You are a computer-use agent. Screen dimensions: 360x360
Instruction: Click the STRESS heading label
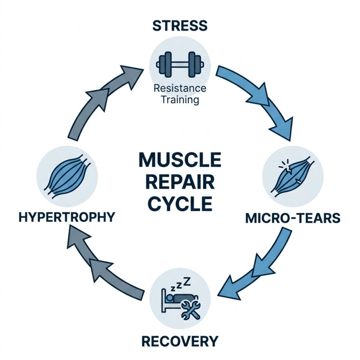tap(180, 26)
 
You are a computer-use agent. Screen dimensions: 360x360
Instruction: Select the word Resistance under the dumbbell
tap(180, 88)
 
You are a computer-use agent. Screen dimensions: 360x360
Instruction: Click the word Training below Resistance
tap(180, 100)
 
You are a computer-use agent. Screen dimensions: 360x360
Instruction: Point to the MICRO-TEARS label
tap(293, 218)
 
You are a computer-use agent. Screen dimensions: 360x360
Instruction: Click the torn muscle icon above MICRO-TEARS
tap(293, 177)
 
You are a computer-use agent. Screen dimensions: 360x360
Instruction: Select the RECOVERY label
tap(180, 341)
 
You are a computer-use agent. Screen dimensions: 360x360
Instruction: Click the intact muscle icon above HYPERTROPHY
tap(67, 175)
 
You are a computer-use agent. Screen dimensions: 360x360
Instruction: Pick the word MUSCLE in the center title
tap(180, 160)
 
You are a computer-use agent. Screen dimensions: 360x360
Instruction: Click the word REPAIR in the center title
tap(180, 182)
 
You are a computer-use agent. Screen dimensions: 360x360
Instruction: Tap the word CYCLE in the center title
tap(180, 204)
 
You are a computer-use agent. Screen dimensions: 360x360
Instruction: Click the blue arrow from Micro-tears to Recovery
tap(259, 267)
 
